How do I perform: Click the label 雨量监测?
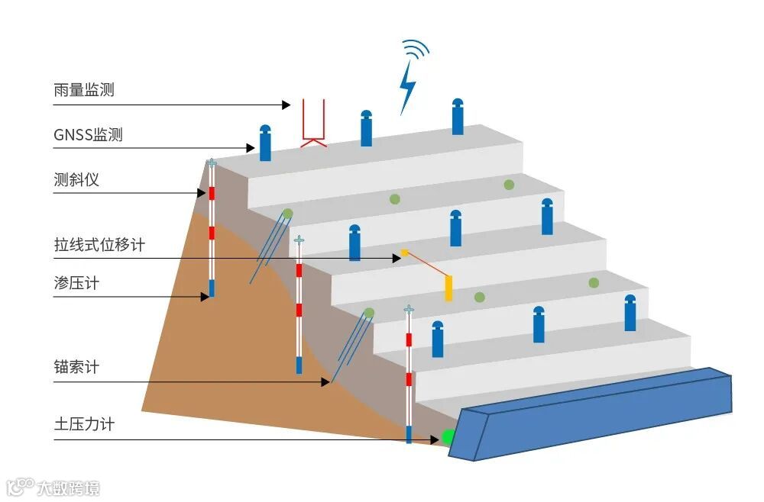(84, 90)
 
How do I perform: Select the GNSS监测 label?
(88, 136)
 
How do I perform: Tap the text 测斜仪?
(76, 181)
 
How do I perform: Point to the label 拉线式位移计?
(99, 245)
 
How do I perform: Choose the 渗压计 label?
(76, 284)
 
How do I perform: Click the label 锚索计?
(76, 367)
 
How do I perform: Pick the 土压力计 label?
(84, 424)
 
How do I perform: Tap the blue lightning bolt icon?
(408, 85)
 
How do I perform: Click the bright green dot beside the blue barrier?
(448, 437)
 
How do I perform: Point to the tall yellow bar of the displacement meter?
(448, 288)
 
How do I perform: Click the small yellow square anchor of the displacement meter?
(404, 253)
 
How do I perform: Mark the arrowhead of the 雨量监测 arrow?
(286, 105)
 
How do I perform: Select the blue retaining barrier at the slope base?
(592, 412)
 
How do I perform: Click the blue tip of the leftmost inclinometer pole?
(212, 288)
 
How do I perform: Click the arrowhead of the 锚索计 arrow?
(326, 381)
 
